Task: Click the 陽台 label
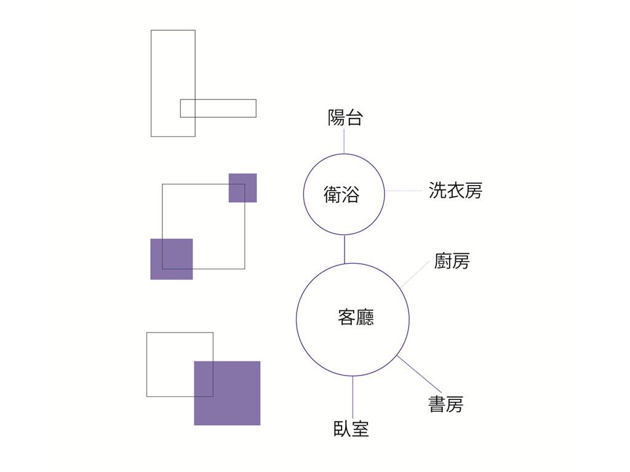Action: [x=346, y=117]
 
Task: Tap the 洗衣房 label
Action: [x=455, y=191]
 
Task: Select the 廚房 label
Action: [x=452, y=261]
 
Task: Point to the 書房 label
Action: [x=446, y=404]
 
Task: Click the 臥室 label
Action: [x=351, y=428]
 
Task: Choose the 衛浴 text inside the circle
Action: [x=341, y=194]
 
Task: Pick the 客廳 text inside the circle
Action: [x=356, y=317]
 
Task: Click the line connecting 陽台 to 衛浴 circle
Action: [x=344, y=141]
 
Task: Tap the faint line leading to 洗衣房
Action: [x=404, y=191]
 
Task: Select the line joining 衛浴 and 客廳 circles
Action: [x=345, y=250]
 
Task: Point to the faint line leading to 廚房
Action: [x=415, y=275]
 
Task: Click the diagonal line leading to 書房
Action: [x=419, y=374]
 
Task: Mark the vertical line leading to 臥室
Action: [x=353, y=398]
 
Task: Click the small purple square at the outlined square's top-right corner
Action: [x=242, y=188]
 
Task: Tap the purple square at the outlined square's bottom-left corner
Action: [x=172, y=259]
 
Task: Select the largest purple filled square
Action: [x=228, y=393]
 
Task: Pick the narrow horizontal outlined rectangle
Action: [x=218, y=100]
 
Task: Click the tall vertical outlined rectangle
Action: [x=151, y=84]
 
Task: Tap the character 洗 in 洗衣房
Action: [x=437, y=191]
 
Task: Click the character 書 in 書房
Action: [x=437, y=404]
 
